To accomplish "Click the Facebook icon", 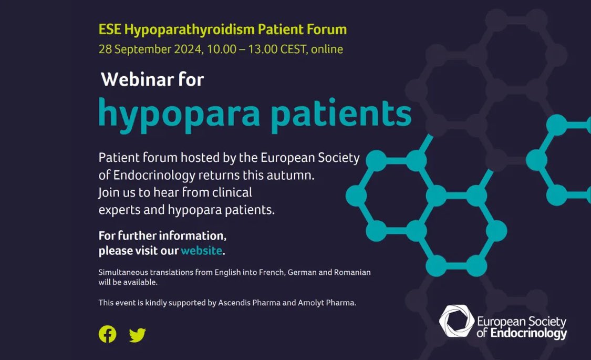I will pos(107,334).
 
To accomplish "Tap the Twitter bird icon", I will pos(137,335).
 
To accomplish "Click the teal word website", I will pos(201,251).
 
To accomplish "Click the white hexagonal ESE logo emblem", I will pos(457,321).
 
